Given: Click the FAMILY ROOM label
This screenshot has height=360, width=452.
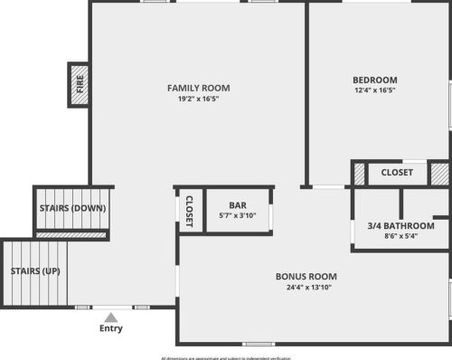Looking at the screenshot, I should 198,88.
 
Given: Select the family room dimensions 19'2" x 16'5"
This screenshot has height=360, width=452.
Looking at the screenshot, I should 198,99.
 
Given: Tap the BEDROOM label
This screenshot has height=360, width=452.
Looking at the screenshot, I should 374,80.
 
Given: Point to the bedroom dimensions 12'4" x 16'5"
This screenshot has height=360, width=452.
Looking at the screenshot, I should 374,90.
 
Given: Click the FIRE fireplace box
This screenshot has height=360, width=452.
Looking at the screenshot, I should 79,85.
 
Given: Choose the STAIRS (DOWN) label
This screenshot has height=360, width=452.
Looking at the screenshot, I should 72,208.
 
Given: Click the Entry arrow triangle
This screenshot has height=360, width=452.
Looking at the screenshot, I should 110,317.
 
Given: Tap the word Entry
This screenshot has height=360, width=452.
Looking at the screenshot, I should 110,328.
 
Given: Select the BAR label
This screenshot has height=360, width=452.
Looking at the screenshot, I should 238,205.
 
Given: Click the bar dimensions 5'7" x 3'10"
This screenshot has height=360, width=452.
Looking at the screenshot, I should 238,216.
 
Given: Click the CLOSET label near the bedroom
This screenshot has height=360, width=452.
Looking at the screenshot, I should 396,172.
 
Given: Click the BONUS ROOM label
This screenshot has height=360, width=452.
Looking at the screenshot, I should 306,276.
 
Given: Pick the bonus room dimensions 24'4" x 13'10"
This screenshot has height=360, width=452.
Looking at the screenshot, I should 306,288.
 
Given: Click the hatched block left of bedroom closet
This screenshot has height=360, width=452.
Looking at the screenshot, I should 359,173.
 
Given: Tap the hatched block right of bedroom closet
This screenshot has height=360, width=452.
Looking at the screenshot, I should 438,172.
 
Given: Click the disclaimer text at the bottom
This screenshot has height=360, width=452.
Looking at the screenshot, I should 226,356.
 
